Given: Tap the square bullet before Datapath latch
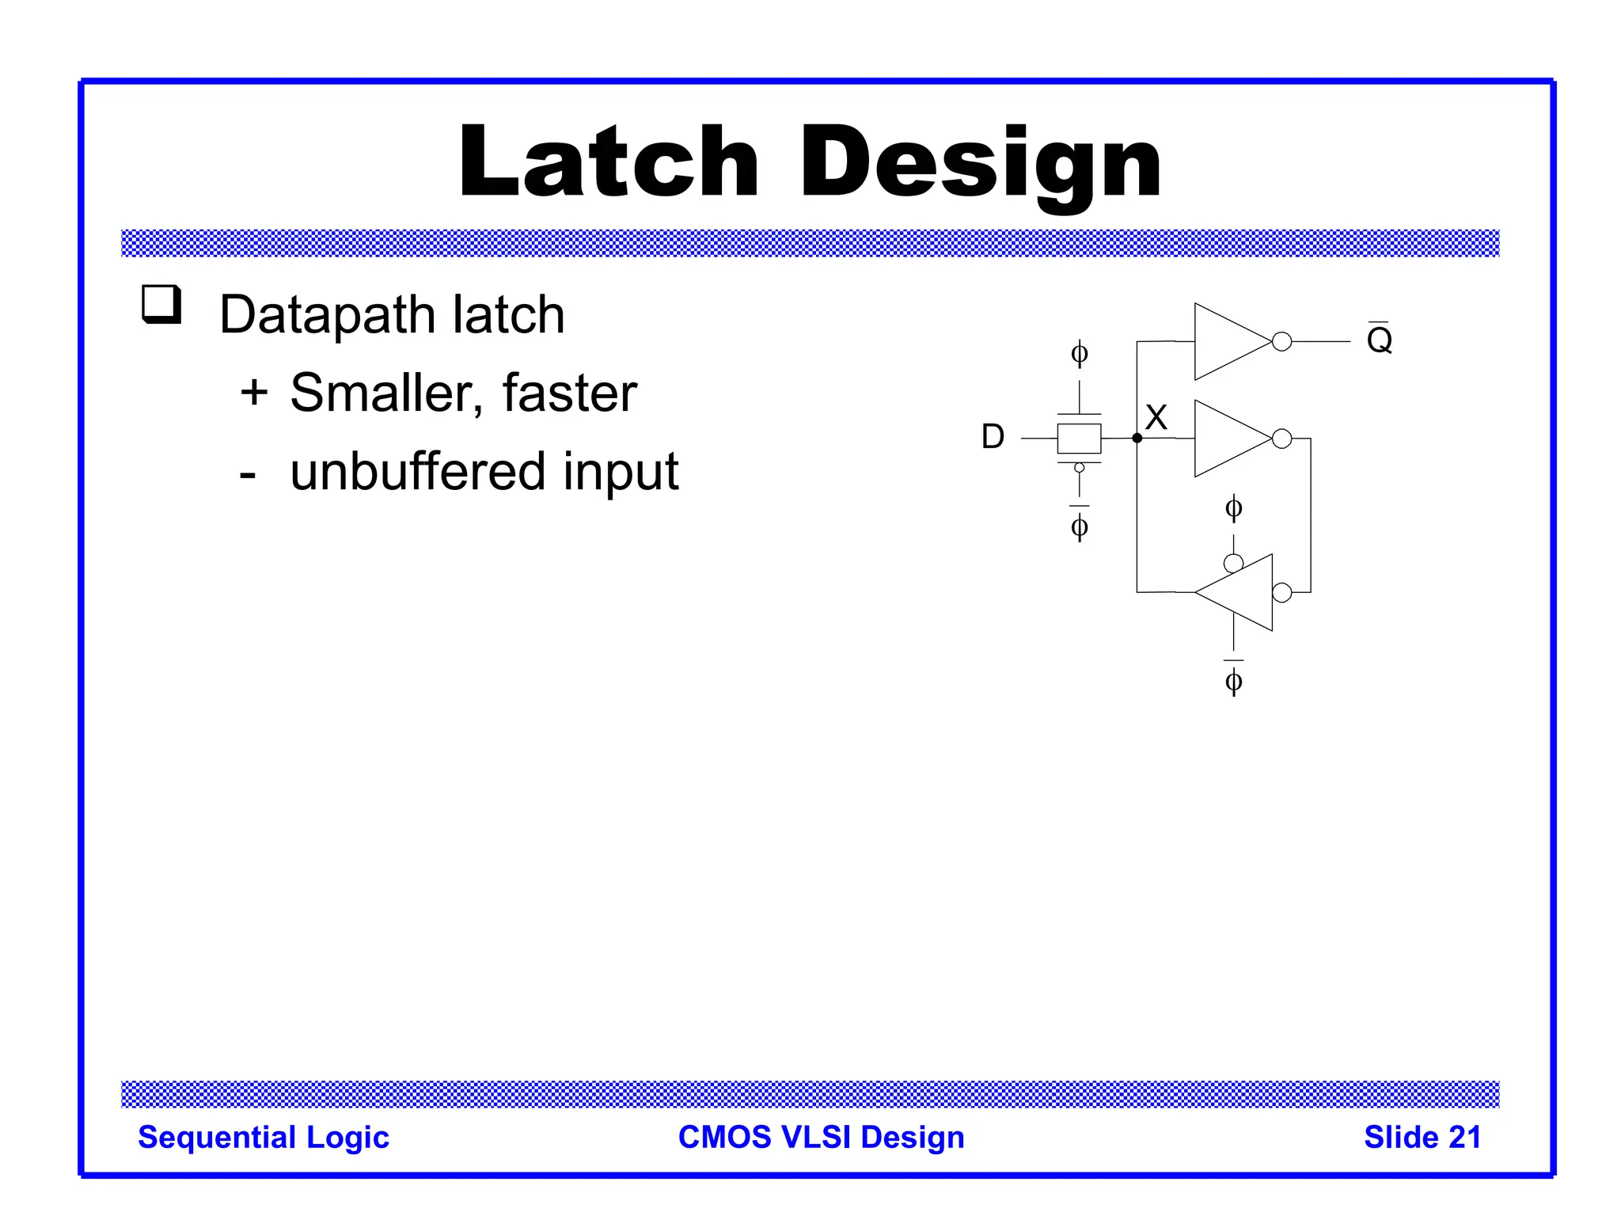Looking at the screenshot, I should [161, 305].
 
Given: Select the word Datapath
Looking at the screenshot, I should [327, 315].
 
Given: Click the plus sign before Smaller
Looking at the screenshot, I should [254, 393].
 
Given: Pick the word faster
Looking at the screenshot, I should [569, 393].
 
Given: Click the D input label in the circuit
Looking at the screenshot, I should [993, 437].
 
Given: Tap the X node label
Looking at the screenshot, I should [1156, 417].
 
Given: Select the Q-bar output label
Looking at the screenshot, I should [1379, 340].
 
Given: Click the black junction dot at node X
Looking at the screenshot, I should [1137, 438].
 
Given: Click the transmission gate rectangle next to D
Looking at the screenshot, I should [1079, 438].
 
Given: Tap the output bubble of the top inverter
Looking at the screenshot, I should [1282, 341].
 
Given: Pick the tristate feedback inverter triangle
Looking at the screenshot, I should [1242, 592].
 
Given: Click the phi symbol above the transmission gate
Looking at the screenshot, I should [1079, 353].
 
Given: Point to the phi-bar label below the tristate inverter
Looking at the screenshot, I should [1233, 680].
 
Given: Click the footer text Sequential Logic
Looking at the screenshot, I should [264, 1138].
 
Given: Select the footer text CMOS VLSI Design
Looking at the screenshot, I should [821, 1138].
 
